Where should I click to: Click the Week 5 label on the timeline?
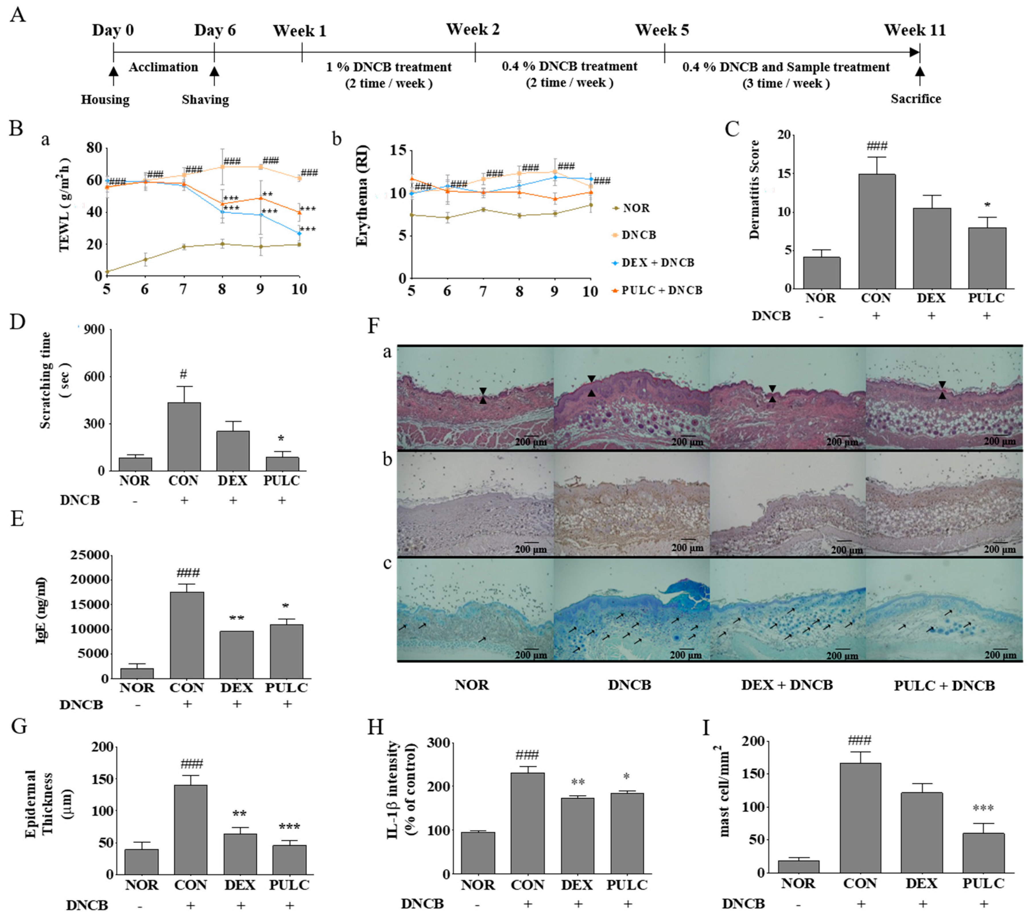[662, 30]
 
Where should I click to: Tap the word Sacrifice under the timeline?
[915, 99]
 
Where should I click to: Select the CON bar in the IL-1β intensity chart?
[527, 823]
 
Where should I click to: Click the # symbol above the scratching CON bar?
[183, 374]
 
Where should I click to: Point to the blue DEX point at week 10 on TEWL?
[299, 233]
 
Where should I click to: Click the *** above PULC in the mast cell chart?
[983, 808]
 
